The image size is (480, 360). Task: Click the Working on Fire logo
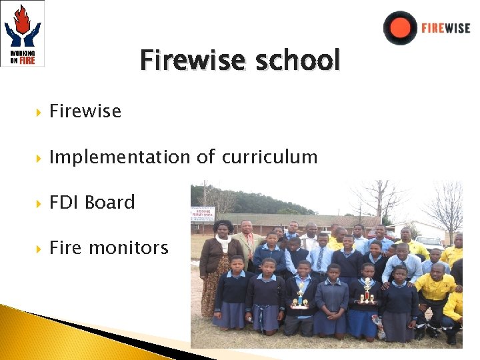pos(23,33)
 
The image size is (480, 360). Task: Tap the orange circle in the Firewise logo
pos(400,28)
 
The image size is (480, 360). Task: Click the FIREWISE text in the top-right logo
pos(445,29)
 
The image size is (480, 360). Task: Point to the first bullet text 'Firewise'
pos(85,111)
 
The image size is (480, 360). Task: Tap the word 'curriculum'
pos(269,157)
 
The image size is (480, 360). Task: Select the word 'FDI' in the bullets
pos(64,202)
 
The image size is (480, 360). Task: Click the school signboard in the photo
pos(203,215)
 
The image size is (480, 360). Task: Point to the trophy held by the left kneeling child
pos(300,295)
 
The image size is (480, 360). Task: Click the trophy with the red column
pos(367,291)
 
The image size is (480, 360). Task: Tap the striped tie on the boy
pos(321,259)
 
